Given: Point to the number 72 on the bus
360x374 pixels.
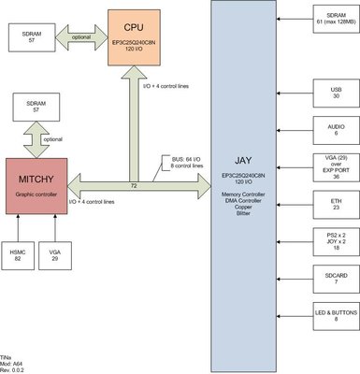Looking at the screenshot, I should tap(134, 187).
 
